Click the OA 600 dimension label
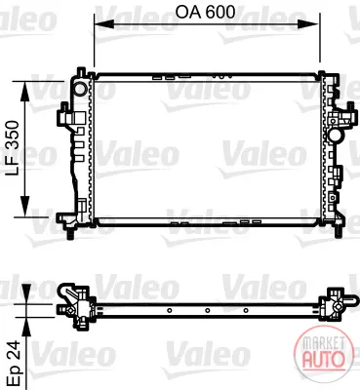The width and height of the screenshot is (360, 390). click(x=205, y=13)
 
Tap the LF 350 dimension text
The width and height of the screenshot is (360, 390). click(x=14, y=148)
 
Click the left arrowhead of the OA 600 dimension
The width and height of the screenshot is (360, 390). click(x=103, y=24)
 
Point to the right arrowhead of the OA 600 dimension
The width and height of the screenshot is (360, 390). click(x=308, y=24)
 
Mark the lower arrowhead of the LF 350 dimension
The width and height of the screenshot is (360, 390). click(x=24, y=206)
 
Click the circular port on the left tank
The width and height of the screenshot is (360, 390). click(x=80, y=88)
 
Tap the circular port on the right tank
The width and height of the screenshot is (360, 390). click(x=335, y=135)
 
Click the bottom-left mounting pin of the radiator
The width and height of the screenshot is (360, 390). click(x=70, y=233)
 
